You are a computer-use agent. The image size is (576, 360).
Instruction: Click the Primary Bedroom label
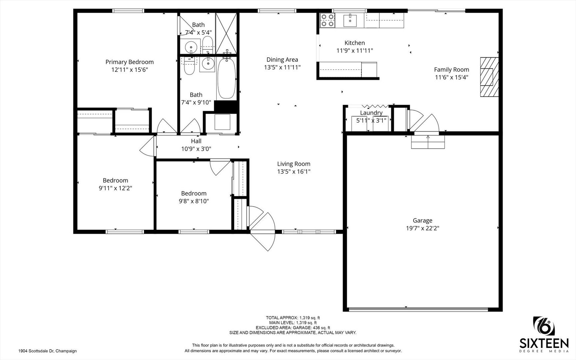[x=130, y=62]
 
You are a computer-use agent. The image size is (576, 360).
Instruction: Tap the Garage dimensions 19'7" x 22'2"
[x=422, y=228]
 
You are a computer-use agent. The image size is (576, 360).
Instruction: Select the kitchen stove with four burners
[x=327, y=20]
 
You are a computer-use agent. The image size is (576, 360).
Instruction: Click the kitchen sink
[x=350, y=20]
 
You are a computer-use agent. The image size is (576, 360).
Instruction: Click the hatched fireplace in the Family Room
[x=489, y=77]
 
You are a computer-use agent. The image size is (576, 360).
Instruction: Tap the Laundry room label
[x=371, y=113]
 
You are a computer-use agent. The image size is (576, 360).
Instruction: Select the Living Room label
[x=294, y=164]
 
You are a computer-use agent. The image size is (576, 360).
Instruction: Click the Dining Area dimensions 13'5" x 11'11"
[x=283, y=67]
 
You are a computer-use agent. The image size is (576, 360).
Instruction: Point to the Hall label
[x=196, y=141]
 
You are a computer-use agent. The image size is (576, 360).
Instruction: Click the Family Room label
[x=451, y=70]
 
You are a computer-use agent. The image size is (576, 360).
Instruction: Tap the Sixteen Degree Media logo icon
[x=544, y=326]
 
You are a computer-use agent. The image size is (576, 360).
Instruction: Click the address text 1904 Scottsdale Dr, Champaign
[x=48, y=351]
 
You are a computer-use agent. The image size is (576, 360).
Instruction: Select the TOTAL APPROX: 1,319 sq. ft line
[x=293, y=318]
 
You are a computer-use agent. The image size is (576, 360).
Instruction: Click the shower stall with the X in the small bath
[x=226, y=33]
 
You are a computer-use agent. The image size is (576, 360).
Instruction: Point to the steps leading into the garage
[x=428, y=142]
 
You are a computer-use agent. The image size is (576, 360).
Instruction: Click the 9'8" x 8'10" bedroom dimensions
[x=194, y=201]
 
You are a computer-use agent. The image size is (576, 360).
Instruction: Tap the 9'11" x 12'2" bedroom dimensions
[x=115, y=188]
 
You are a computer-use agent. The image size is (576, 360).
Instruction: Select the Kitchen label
[x=354, y=43]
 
